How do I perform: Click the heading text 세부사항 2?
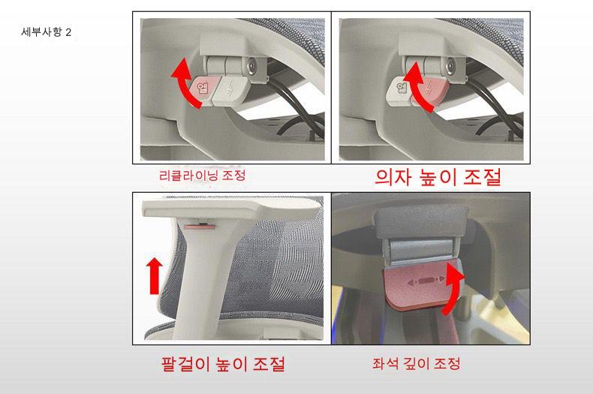point(46,32)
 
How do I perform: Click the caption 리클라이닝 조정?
point(203,176)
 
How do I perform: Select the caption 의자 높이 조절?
point(438,177)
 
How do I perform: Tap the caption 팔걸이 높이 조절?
point(223,364)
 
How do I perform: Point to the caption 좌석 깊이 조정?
point(417,363)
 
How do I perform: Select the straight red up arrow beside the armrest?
point(155,275)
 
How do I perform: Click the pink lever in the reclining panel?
point(203,90)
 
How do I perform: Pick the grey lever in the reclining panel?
point(230,91)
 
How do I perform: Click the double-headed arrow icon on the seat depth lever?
point(425,280)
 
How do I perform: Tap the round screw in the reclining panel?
point(251,67)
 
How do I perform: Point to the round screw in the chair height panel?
point(451,67)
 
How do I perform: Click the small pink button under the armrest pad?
point(199,226)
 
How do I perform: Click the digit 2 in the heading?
point(68,32)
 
